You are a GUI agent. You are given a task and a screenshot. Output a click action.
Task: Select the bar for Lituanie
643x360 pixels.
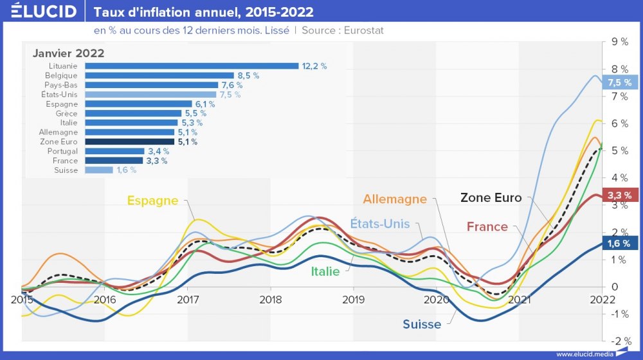tap(192, 66)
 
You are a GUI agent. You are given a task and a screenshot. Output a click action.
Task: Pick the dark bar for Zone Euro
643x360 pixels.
tap(129, 142)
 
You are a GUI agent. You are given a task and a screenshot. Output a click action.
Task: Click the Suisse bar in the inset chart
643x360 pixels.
tap(98, 170)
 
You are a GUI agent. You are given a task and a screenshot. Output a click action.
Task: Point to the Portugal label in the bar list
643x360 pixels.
tap(62, 151)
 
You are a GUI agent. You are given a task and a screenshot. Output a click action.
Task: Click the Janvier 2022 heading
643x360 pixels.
tap(69, 53)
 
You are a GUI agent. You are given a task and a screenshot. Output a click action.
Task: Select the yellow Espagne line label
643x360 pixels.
tap(152, 201)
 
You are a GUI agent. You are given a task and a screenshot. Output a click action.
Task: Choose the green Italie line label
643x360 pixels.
tap(326, 271)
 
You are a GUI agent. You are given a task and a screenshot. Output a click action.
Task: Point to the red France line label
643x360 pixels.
tap(487, 226)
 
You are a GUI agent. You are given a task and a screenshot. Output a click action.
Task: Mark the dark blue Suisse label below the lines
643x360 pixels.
tap(422, 324)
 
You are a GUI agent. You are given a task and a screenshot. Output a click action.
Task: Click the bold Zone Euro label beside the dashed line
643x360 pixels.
tap(491, 198)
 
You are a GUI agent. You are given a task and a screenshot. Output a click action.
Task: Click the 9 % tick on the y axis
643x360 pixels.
tap(620, 42)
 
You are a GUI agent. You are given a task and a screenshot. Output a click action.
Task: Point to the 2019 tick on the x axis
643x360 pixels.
tap(353, 299)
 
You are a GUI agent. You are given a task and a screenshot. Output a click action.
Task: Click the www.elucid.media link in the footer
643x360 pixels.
tap(584, 354)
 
